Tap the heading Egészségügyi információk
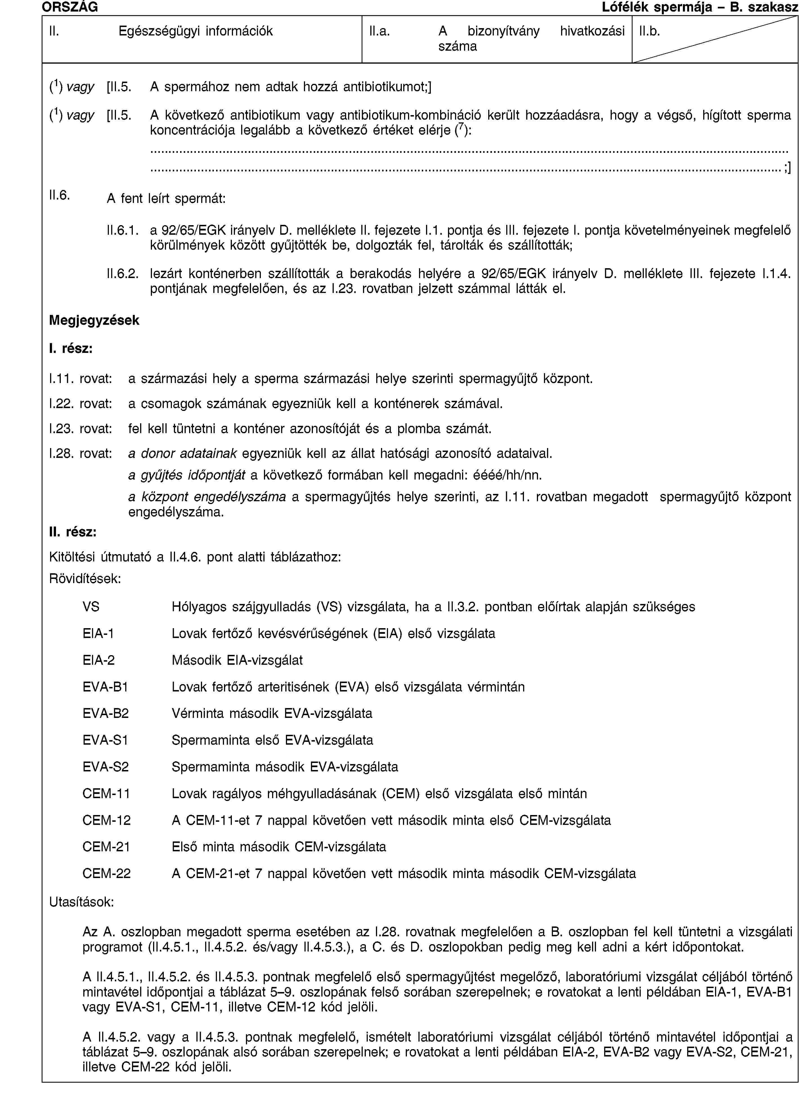[196, 32]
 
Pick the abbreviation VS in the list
[91, 607]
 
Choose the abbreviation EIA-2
[99, 660]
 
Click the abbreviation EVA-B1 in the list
[106, 687]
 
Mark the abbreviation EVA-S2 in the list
[106, 767]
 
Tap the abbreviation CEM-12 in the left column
[107, 820]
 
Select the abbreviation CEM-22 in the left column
[107, 873]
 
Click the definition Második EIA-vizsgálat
[237, 660]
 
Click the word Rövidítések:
[85, 578]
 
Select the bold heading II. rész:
[73, 532]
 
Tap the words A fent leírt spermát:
[166, 198]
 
